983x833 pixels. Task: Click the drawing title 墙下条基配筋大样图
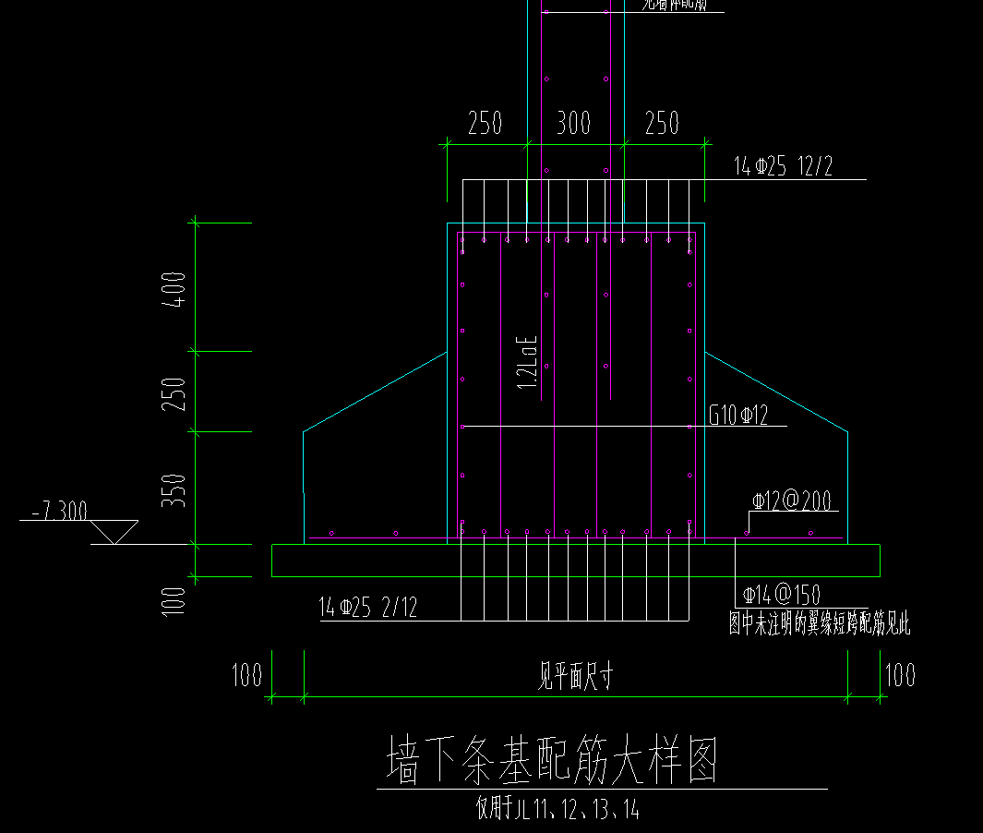551,761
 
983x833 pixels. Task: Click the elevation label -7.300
59,511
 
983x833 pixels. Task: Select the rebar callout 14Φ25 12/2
783,167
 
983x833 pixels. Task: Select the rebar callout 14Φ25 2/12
367,608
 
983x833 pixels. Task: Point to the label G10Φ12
738,416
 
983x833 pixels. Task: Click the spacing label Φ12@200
791,501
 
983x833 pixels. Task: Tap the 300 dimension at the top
573,123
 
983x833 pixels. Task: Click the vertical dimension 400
178,288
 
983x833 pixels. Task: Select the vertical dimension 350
178,489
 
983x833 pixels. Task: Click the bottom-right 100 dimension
900,675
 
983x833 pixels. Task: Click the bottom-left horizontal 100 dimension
247,675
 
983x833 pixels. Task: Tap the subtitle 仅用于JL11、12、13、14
557,810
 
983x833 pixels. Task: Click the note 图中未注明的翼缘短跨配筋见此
820,625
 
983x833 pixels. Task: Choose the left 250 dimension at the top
486,123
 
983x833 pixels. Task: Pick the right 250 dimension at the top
662,123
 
